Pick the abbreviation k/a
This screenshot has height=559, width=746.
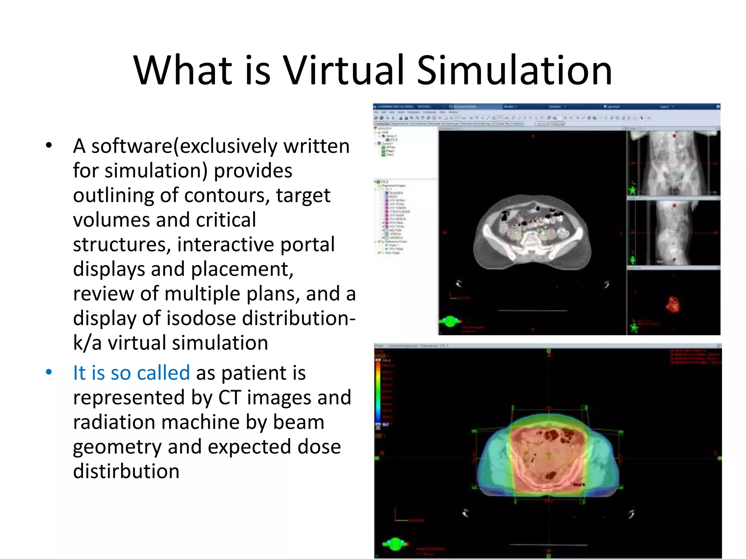point(87,343)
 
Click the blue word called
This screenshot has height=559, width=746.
point(164,373)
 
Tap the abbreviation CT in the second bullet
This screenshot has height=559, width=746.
point(229,397)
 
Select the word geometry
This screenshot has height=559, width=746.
point(117,447)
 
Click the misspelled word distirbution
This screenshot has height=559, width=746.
point(126,471)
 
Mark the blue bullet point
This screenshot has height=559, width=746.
point(49,372)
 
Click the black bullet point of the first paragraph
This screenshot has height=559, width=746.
point(49,146)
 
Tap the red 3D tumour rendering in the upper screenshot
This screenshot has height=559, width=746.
point(672,305)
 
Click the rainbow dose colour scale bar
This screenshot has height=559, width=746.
point(378,391)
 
